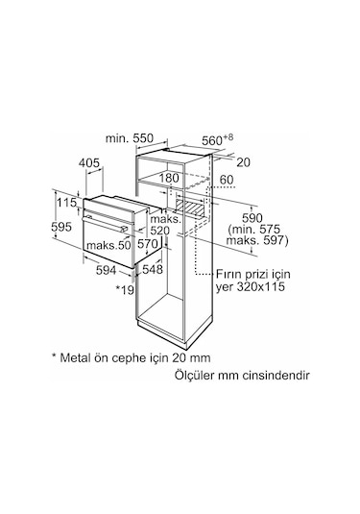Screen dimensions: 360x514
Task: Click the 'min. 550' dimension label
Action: tap(129, 138)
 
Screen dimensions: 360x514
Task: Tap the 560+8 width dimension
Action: tap(217, 139)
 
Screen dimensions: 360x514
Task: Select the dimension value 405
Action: tap(88, 162)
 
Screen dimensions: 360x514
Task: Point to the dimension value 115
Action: tap(67, 203)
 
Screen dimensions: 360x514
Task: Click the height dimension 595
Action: tap(61, 227)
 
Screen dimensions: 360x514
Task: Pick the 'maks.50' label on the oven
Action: tap(108, 245)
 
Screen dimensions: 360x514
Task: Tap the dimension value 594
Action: tap(107, 270)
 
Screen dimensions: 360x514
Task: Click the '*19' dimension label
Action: tap(125, 289)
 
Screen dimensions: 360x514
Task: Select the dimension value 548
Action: tap(153, 269)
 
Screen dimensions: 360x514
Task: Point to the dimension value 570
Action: tap(148, 244)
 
